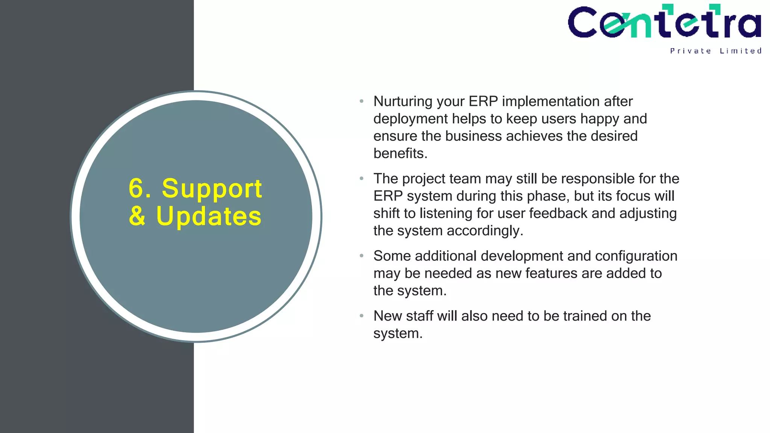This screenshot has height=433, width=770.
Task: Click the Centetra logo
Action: pos(664,22)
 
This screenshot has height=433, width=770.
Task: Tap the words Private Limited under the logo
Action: pos(715,51)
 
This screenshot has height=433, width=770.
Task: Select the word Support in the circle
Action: pos(212,189)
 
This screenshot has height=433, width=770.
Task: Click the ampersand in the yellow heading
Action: pos(137,216)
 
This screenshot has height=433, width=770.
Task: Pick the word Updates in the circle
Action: pos(209,216)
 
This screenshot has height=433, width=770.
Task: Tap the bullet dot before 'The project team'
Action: pos(361,179)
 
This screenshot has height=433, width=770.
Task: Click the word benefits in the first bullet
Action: pos(400,153)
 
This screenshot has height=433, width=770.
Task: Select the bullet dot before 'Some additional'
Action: pos(361,256)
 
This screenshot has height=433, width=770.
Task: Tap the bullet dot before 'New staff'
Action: pos(361,316)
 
